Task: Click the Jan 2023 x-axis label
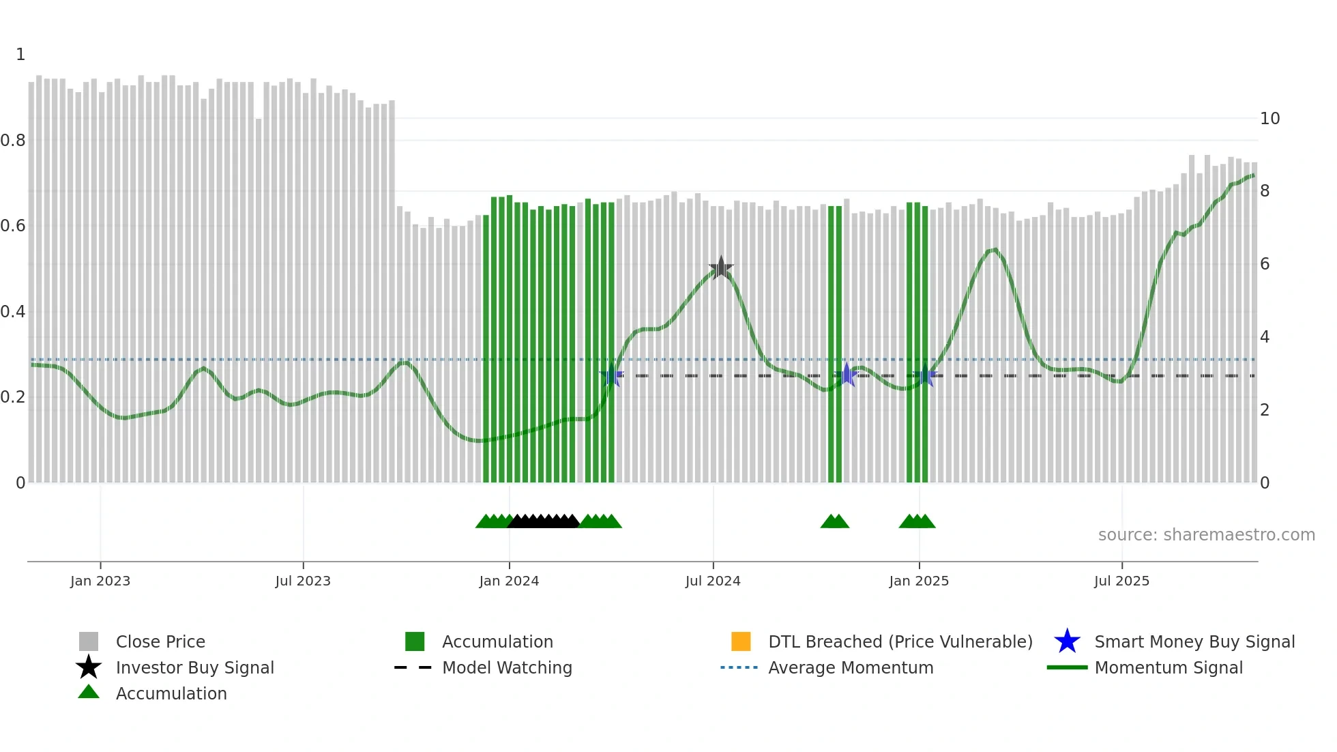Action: coord(100,581)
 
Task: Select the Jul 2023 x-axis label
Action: coord(303,581)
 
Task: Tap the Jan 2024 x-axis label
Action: coord(509,581)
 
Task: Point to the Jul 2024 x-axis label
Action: coord(713,581)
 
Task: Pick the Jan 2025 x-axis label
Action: coord(919,581)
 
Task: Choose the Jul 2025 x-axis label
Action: coord(1121,581)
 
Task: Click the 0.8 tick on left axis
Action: coord(14,141)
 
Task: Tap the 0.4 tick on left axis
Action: coord(14,312)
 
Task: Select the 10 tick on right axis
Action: coord(1269,119)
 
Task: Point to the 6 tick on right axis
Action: coord(1265,264)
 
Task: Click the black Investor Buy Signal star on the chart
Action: coord(721,268)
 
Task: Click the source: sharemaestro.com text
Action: coord(1206,535)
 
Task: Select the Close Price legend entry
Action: coord(160,641)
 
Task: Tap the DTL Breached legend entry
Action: coord(900,641)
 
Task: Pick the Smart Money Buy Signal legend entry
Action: coord(1194,641)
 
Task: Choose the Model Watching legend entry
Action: coord(507,667)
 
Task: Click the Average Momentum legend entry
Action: coord(850,667)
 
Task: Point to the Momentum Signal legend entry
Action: coord(1168,667)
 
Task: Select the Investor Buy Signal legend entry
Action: coord(194,667)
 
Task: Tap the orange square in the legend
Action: coord(741,641)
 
